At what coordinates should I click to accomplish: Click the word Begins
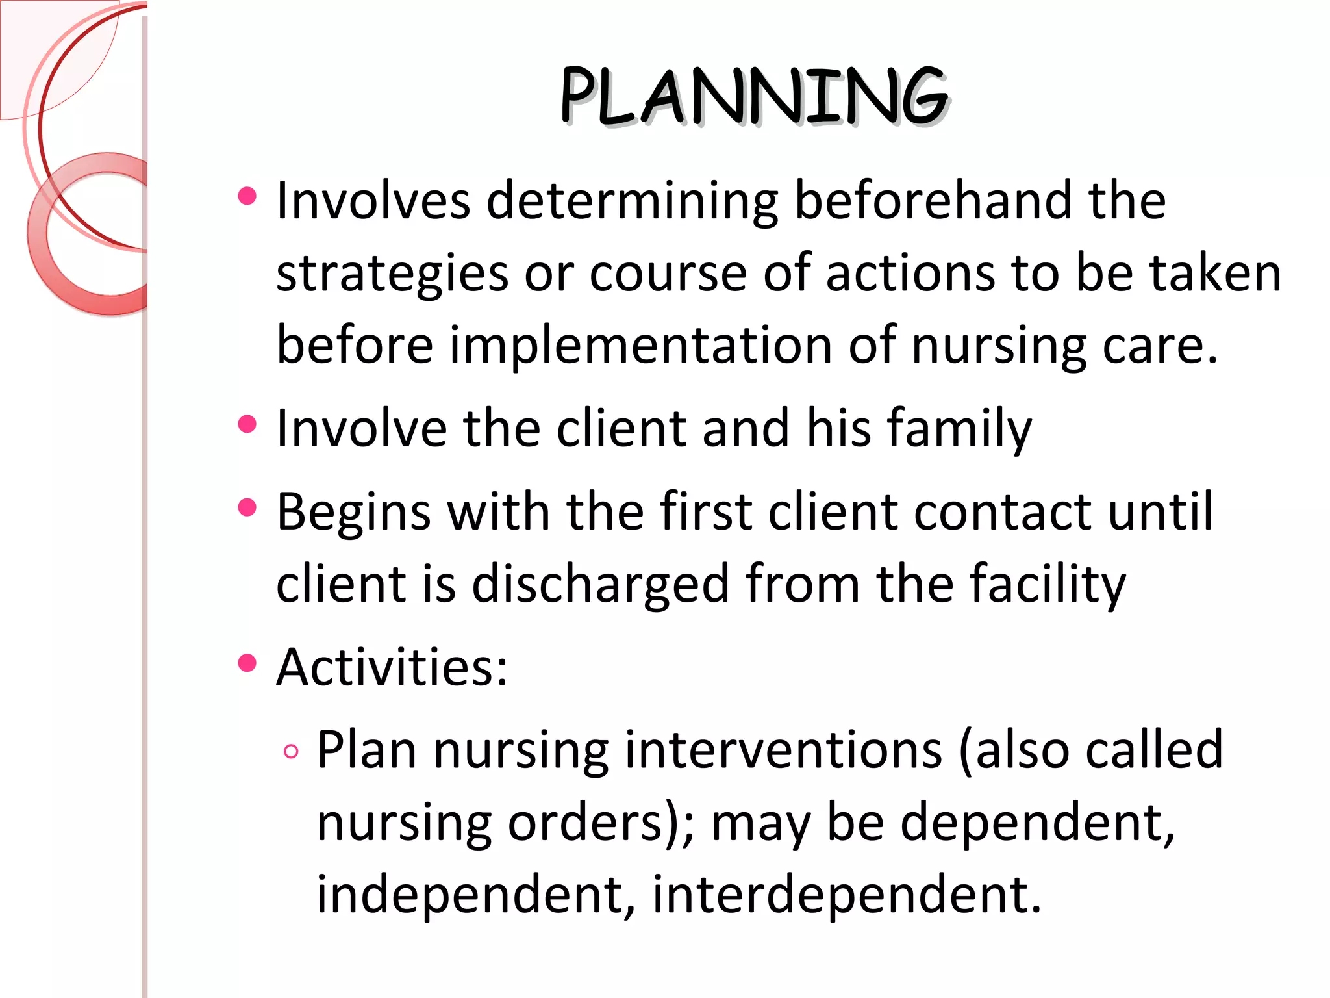353,512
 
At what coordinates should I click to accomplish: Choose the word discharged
600,583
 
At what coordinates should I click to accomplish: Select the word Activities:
392,667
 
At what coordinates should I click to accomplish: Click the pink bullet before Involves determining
247,196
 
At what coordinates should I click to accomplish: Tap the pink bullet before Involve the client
247,424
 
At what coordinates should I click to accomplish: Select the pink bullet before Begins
247,507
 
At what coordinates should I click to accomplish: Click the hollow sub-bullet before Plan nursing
292,752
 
